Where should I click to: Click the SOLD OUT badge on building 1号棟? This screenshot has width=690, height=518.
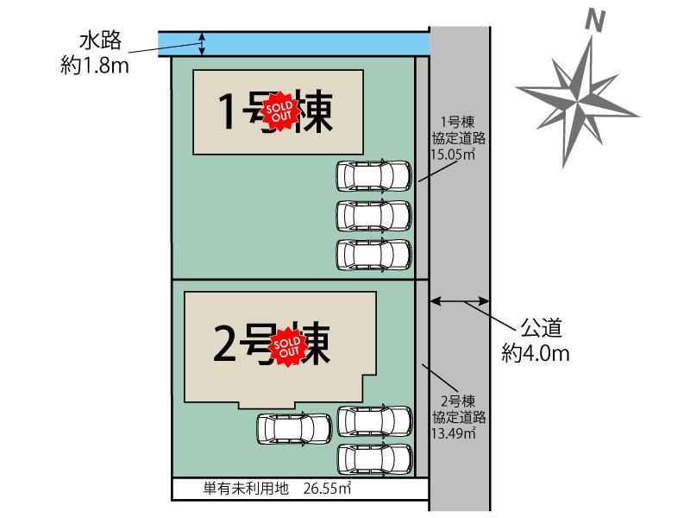coord(279,111)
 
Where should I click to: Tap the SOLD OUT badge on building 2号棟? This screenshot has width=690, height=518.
coord(287,347)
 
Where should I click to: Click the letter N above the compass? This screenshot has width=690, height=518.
coord(595,21)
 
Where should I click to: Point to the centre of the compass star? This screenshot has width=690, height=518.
coord(577,100)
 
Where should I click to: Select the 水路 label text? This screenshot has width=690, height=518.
coord(100,41)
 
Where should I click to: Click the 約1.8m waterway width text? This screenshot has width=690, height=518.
coord(95,66)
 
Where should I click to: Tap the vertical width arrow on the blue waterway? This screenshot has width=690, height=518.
coord(202,44)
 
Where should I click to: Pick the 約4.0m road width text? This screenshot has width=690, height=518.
coord(536,353)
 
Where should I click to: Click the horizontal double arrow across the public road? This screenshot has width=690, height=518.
coord(460,301)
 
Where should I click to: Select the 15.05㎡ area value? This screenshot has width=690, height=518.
coord(453,155)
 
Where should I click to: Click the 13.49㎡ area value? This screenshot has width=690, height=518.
coord(454,433)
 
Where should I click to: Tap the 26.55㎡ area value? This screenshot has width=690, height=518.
coord(327,489)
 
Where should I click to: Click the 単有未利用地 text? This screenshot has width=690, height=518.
coord(246,489)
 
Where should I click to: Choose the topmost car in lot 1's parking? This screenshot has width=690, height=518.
coord(374,176)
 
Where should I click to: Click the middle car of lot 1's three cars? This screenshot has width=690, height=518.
coord(374,215)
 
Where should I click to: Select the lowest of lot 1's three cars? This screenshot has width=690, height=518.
coord(374,255)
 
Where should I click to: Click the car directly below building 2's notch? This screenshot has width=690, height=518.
coord(294,428)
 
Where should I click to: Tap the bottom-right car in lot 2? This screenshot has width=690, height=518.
coord(375,459)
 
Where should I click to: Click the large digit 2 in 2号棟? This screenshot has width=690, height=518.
coord(224,343)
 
